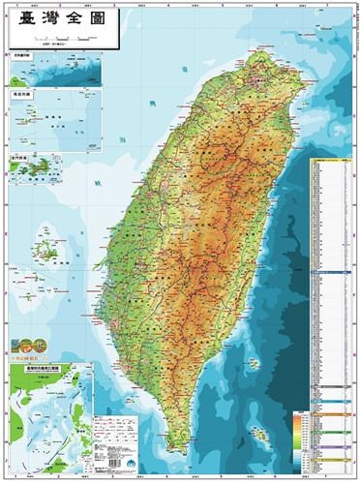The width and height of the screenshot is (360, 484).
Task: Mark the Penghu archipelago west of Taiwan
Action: tap(44, 247)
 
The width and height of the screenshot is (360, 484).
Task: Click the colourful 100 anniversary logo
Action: tap(25, 346)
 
